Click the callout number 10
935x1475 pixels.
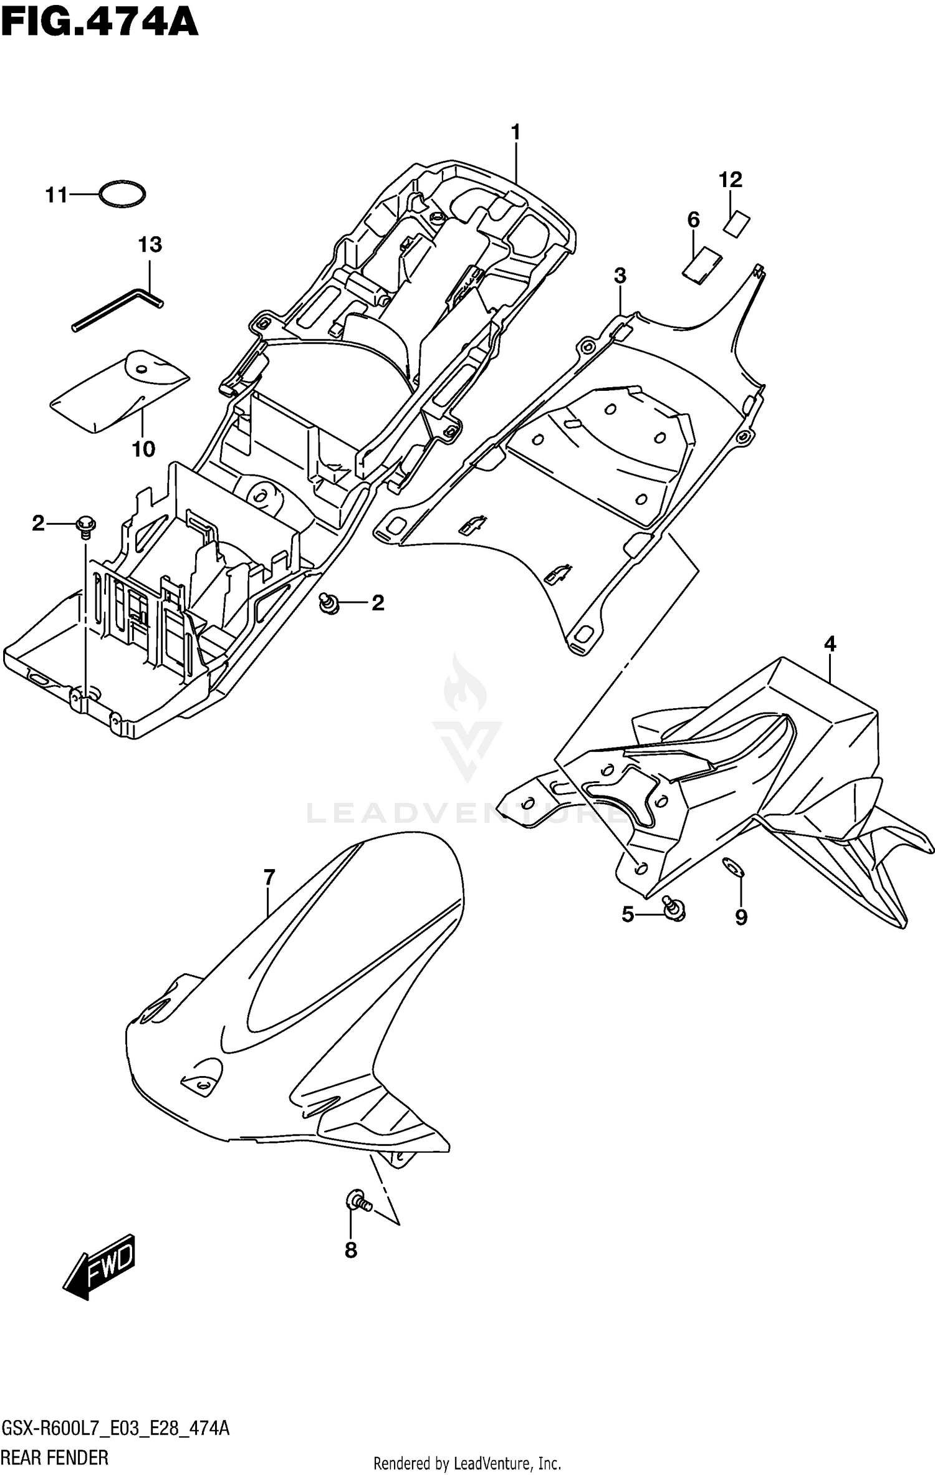point(143,449)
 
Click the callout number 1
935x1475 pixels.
point(515,133)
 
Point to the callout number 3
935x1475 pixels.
point(620,276)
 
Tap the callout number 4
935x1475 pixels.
point(830,644)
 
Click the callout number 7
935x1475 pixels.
point(269,878)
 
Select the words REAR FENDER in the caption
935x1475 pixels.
point(55,1458)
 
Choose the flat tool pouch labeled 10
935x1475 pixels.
point(118,391)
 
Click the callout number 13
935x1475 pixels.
point(150,245)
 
